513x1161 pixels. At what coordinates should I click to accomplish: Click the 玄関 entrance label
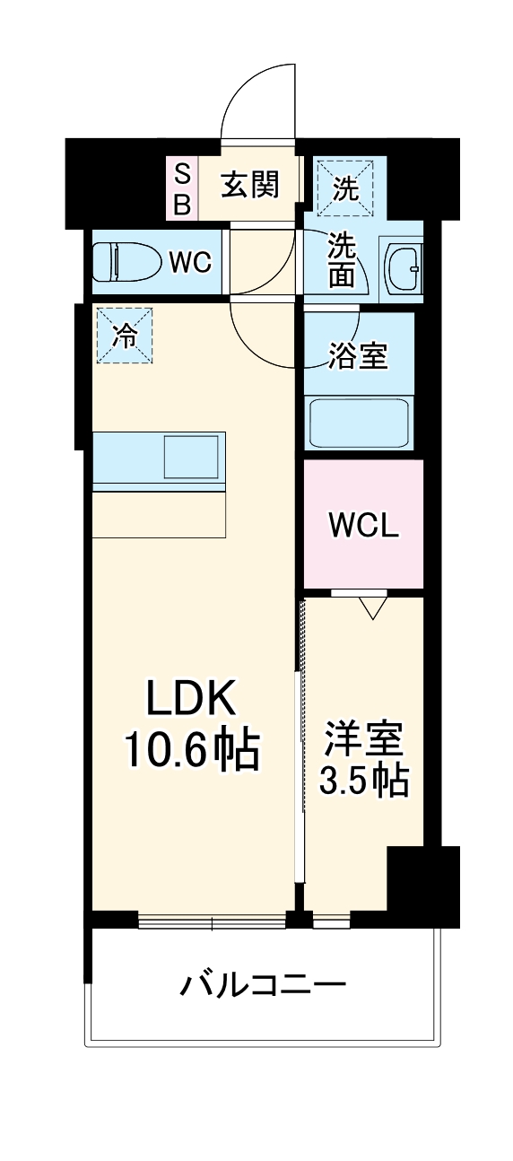click(251, 185)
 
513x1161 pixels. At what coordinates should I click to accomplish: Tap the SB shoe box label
click(181, 188)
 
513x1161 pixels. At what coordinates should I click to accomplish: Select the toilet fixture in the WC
click(122, 262)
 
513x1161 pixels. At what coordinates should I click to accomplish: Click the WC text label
click(190, 263)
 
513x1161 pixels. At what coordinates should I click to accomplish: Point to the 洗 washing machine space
click(345, 188)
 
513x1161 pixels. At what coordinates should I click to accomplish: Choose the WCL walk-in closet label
click(362, 526)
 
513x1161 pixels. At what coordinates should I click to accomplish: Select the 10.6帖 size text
click(191, 750)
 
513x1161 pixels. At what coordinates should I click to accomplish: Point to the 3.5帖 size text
click(364, 781)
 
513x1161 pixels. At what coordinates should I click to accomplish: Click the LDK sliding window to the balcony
click(212, 920)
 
